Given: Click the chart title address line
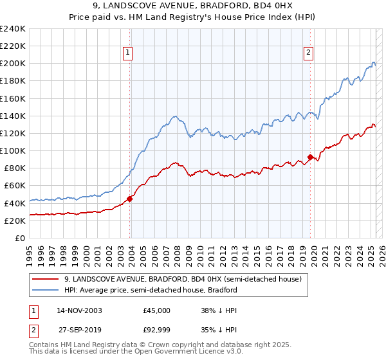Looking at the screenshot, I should coord(192,6).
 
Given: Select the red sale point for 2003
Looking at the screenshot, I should coord(130,199).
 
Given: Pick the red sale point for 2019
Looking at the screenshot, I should coord(310,157).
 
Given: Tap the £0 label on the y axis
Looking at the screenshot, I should coord(19,238).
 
